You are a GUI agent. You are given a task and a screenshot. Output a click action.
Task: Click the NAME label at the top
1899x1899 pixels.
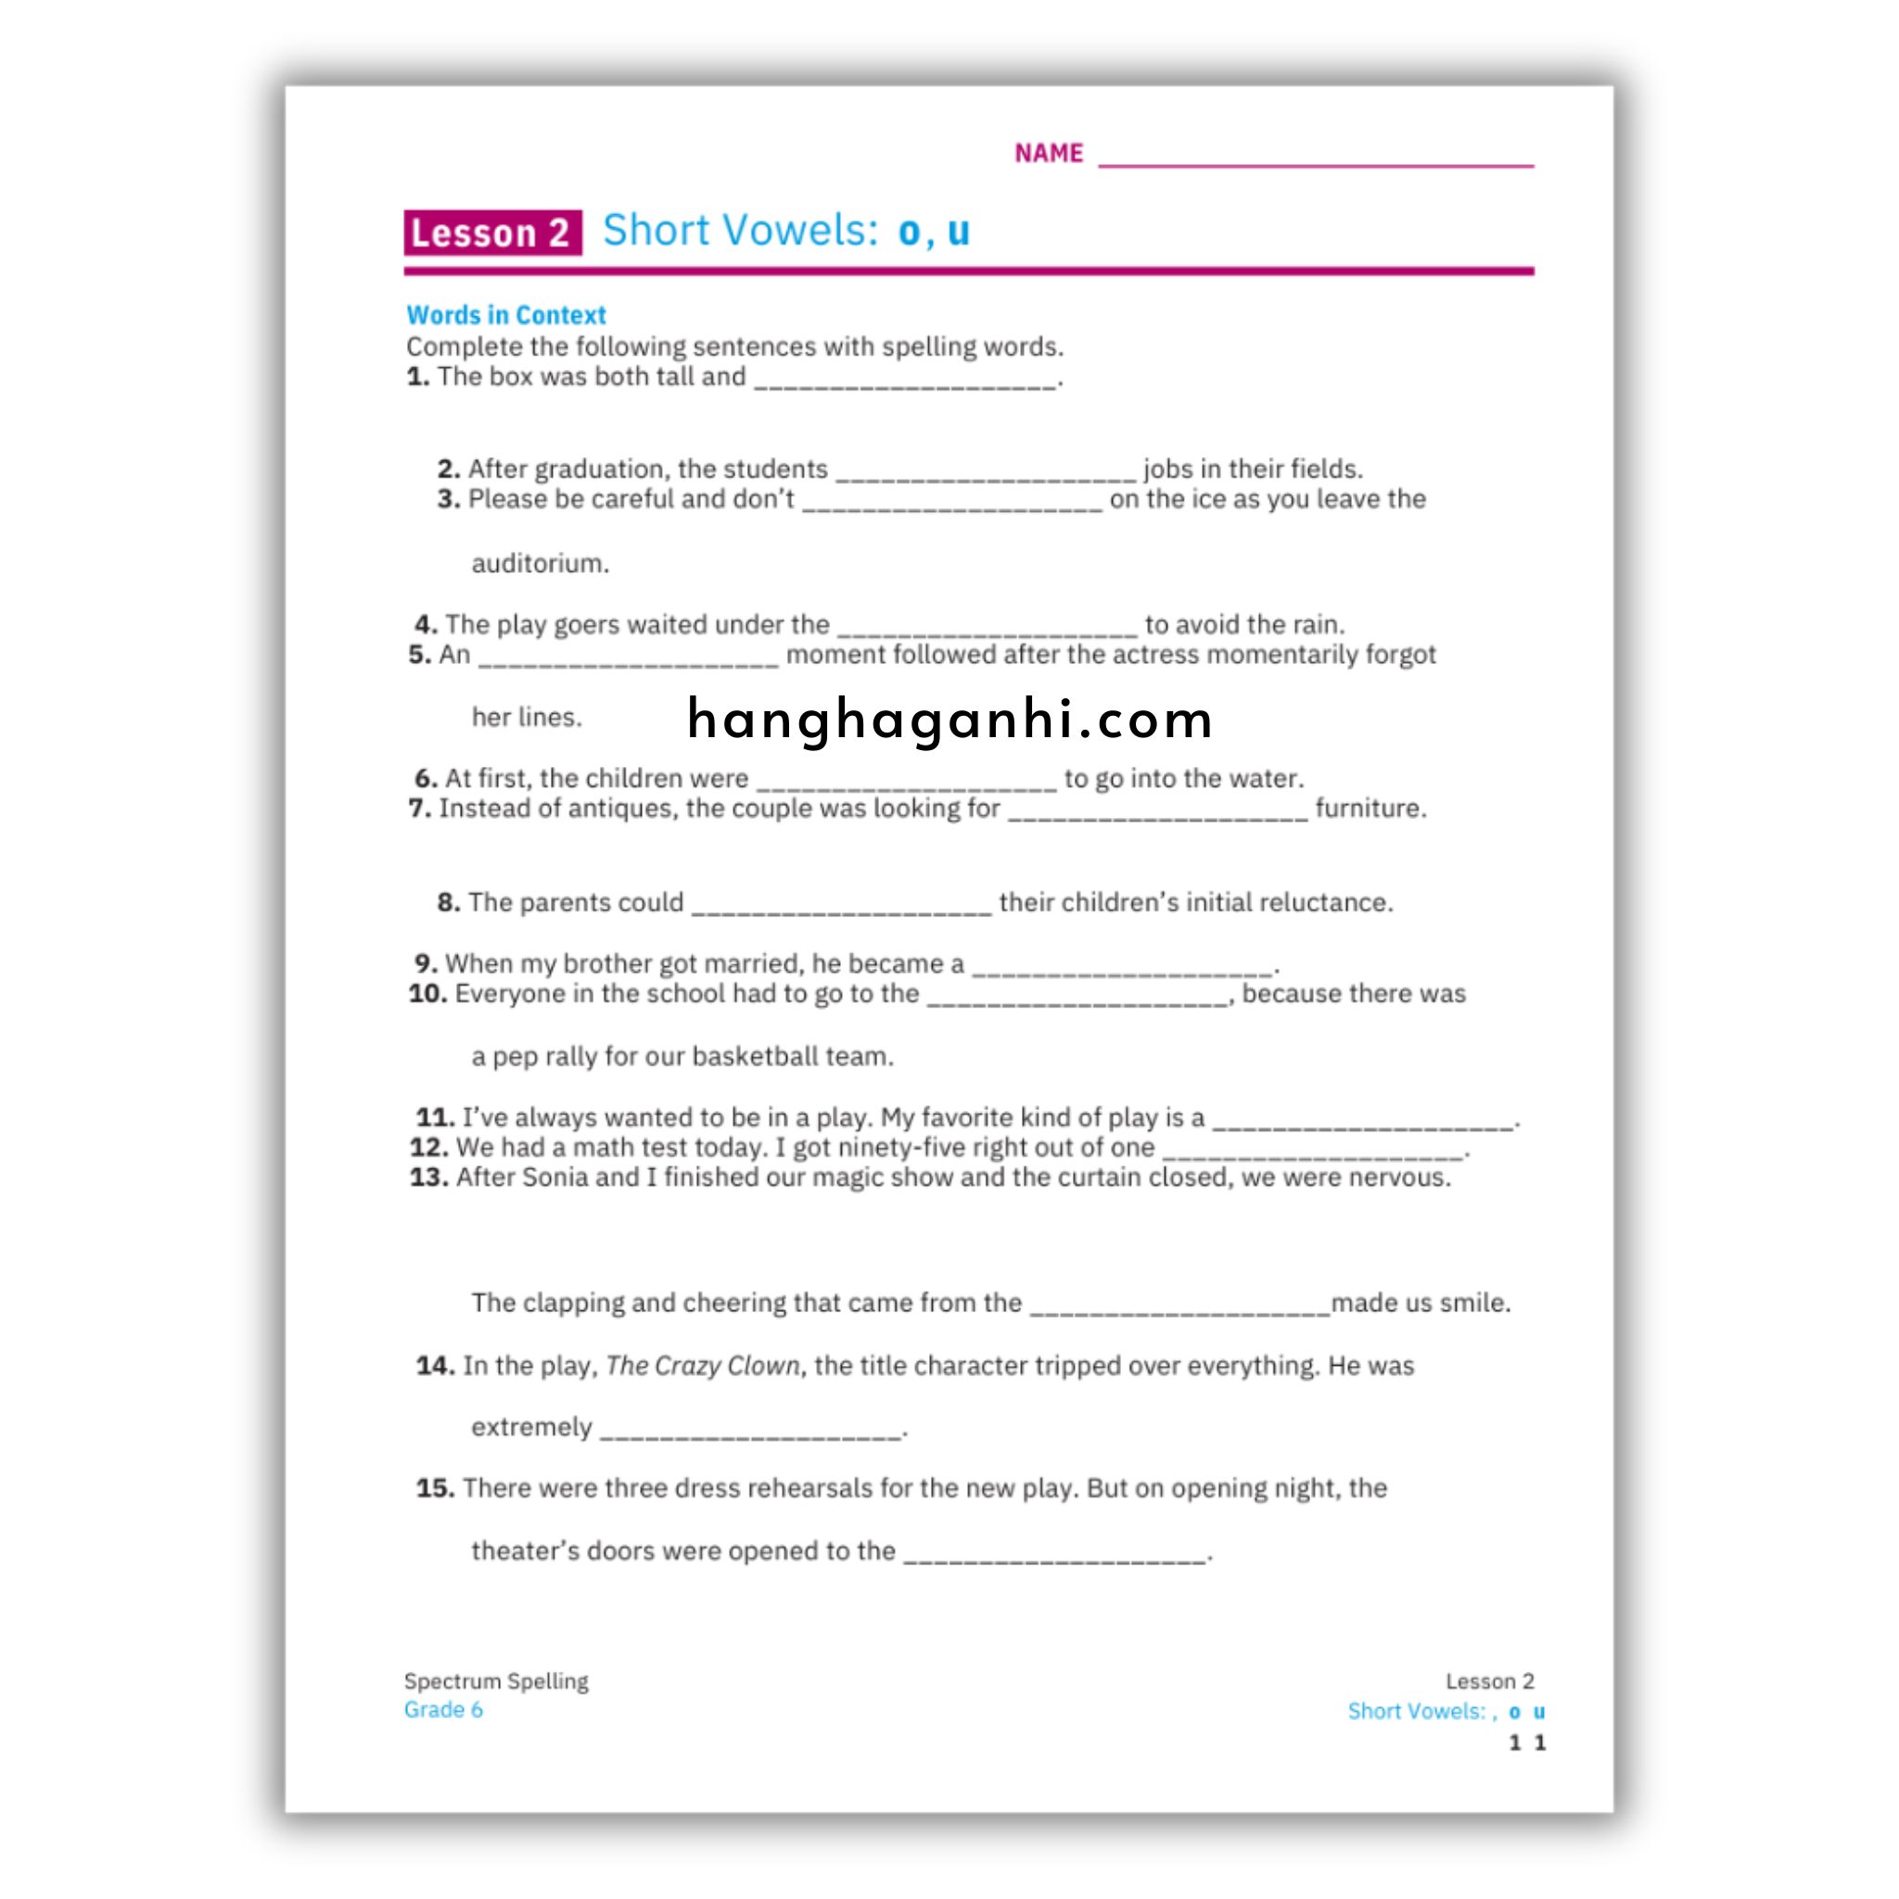(x=1048, y=153)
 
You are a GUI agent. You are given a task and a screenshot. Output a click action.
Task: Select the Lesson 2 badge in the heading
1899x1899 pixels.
(x=491, y=233)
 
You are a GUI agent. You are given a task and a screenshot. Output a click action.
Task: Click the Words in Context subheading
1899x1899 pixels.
(x=506, y=315)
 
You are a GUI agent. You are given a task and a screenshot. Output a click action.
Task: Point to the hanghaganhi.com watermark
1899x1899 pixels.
(x=949, y=720)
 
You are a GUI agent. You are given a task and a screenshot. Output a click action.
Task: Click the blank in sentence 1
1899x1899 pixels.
(x=905, y=381)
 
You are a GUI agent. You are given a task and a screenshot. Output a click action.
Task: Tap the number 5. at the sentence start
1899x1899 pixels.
(x=420, y=655)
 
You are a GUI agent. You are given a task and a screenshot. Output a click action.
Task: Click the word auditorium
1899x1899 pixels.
(x=540, y=564)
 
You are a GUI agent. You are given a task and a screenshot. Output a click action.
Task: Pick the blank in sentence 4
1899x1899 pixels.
(x=987, y=629)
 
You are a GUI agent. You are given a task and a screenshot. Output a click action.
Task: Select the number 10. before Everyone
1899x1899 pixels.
(x=427, y=994)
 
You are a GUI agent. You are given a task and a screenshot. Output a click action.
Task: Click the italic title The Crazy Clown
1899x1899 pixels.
(x=704, y=1366)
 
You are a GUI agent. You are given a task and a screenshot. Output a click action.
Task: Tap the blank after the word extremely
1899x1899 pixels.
(x=751, y=1432)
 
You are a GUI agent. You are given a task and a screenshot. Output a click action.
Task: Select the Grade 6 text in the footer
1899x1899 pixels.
(x=443, y=1709)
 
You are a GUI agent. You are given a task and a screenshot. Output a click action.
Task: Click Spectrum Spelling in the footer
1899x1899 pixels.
(x=496, y=1682)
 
